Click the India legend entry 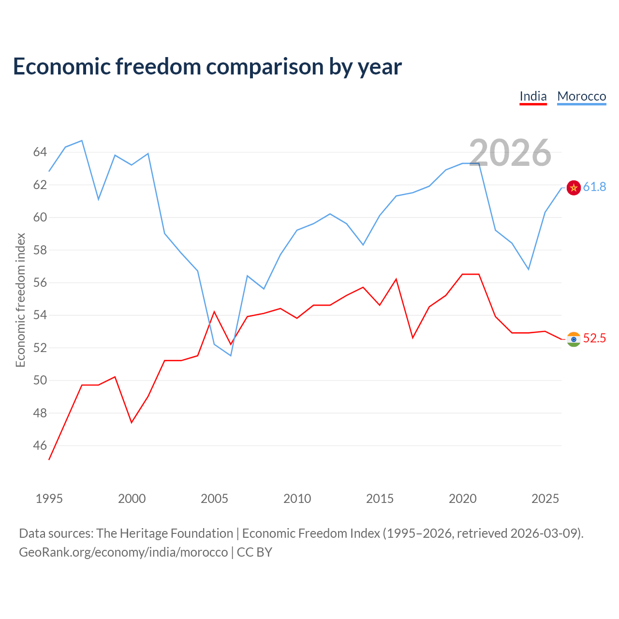533,96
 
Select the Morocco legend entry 581,96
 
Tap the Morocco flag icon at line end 574,188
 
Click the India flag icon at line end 574,339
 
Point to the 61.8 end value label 594,187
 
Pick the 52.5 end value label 594,338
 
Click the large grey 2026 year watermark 510,153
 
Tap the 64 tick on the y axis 40,152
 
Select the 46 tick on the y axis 40,445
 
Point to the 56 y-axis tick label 40,283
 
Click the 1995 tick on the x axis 49,499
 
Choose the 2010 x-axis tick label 297,499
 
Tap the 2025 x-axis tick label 545,499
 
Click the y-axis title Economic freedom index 20,300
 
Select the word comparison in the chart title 265,67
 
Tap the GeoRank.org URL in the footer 123,552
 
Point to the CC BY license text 254,552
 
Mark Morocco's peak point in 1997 82,140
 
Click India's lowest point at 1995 49,460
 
